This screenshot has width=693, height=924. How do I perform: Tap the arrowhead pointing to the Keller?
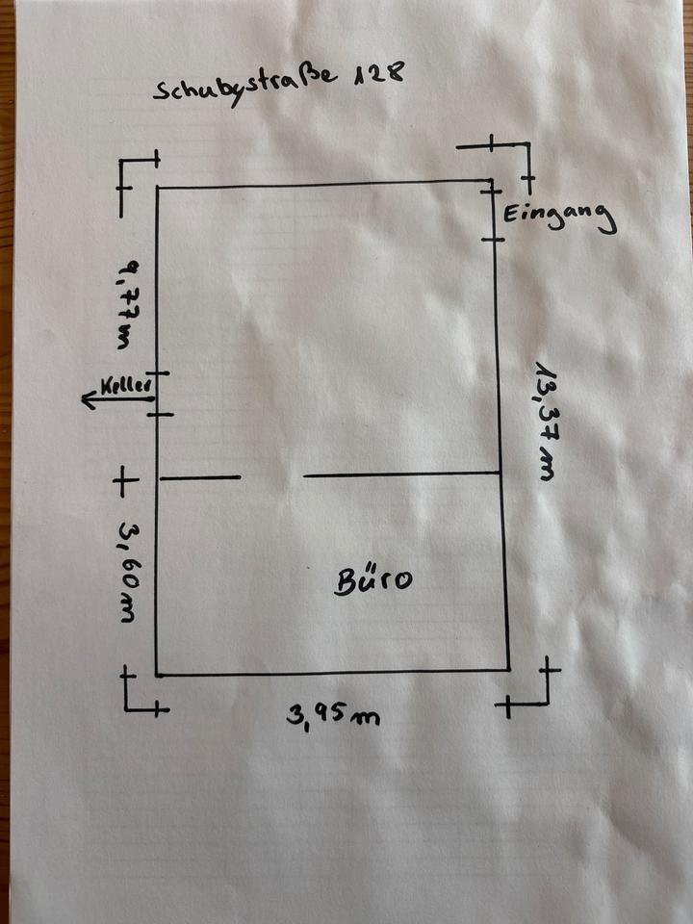[x=88, y=400]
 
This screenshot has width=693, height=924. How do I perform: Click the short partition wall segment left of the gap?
[x=199, y=477]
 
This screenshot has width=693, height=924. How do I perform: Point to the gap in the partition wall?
[x=272, y=476]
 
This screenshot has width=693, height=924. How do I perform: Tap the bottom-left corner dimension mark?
[x=140, y=695]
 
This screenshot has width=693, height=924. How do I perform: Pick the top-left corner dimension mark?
[x=138, y=175]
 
